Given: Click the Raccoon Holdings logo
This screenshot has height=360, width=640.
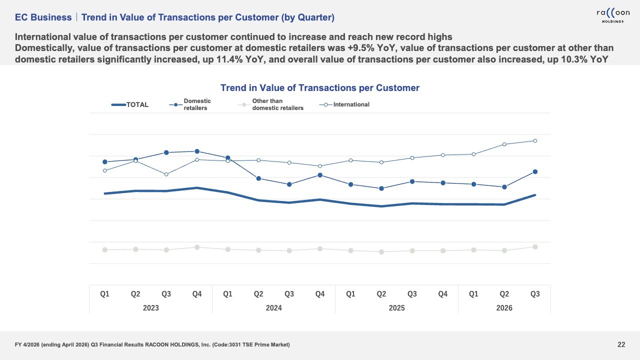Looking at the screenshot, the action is (x=613, y=15).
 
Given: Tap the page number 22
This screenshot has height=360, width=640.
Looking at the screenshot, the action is (x=621, y=344).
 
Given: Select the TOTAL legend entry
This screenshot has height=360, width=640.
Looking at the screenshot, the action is (x=130, y=104).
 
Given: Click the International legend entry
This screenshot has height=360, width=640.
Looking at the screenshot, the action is (x=344, y=104).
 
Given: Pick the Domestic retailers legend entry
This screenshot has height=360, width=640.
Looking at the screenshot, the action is (x=190, y=104).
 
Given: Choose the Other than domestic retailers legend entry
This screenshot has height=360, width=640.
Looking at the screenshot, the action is (x=270, y=104).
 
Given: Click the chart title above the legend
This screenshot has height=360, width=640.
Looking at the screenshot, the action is (x=320, y=87).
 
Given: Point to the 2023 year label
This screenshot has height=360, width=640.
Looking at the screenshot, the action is (x=151, y=307).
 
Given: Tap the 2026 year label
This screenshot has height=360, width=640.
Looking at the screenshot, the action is (x=504, y=307).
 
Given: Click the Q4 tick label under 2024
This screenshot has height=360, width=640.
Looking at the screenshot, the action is (x=320, y=294).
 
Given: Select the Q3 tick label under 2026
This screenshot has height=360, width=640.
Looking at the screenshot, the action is (x=535, y=294).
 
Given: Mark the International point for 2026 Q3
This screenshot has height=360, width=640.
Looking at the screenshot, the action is (x=535, y=140).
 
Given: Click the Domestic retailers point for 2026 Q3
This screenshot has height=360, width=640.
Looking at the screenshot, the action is (x=535, y=171).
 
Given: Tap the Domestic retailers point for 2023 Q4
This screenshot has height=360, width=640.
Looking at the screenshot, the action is (x=197, y=151).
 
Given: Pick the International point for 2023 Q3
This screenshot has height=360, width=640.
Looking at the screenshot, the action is (x=166, y=174).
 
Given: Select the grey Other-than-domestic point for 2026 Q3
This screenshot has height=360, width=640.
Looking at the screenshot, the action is (x=535, y=247).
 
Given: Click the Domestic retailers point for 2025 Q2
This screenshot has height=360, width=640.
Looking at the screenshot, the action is (x=381, y=188).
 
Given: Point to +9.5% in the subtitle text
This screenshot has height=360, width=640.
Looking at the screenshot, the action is (x=361, y=48).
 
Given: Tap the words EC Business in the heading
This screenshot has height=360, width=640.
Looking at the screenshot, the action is (x=43, y=17).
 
